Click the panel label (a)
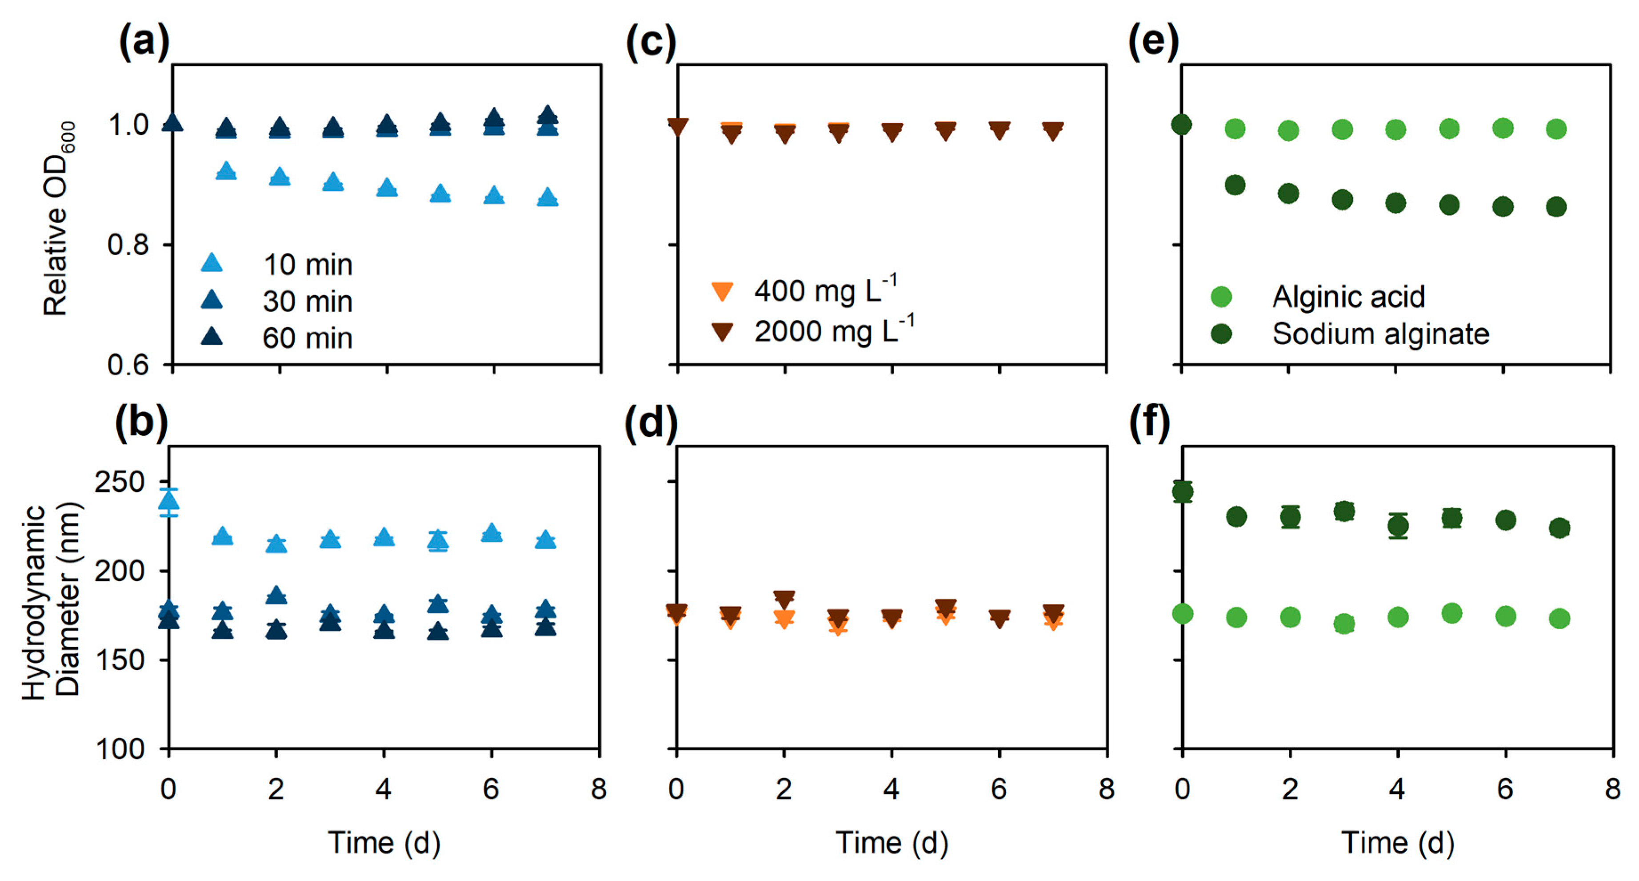coord(144,42)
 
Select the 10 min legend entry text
coord(308,265)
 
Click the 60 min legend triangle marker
coord(212,337)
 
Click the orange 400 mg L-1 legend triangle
coord(722,292)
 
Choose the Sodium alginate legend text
coord(1381,334)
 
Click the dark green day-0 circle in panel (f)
coord(1182,491)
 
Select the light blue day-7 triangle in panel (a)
coord(548,197)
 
